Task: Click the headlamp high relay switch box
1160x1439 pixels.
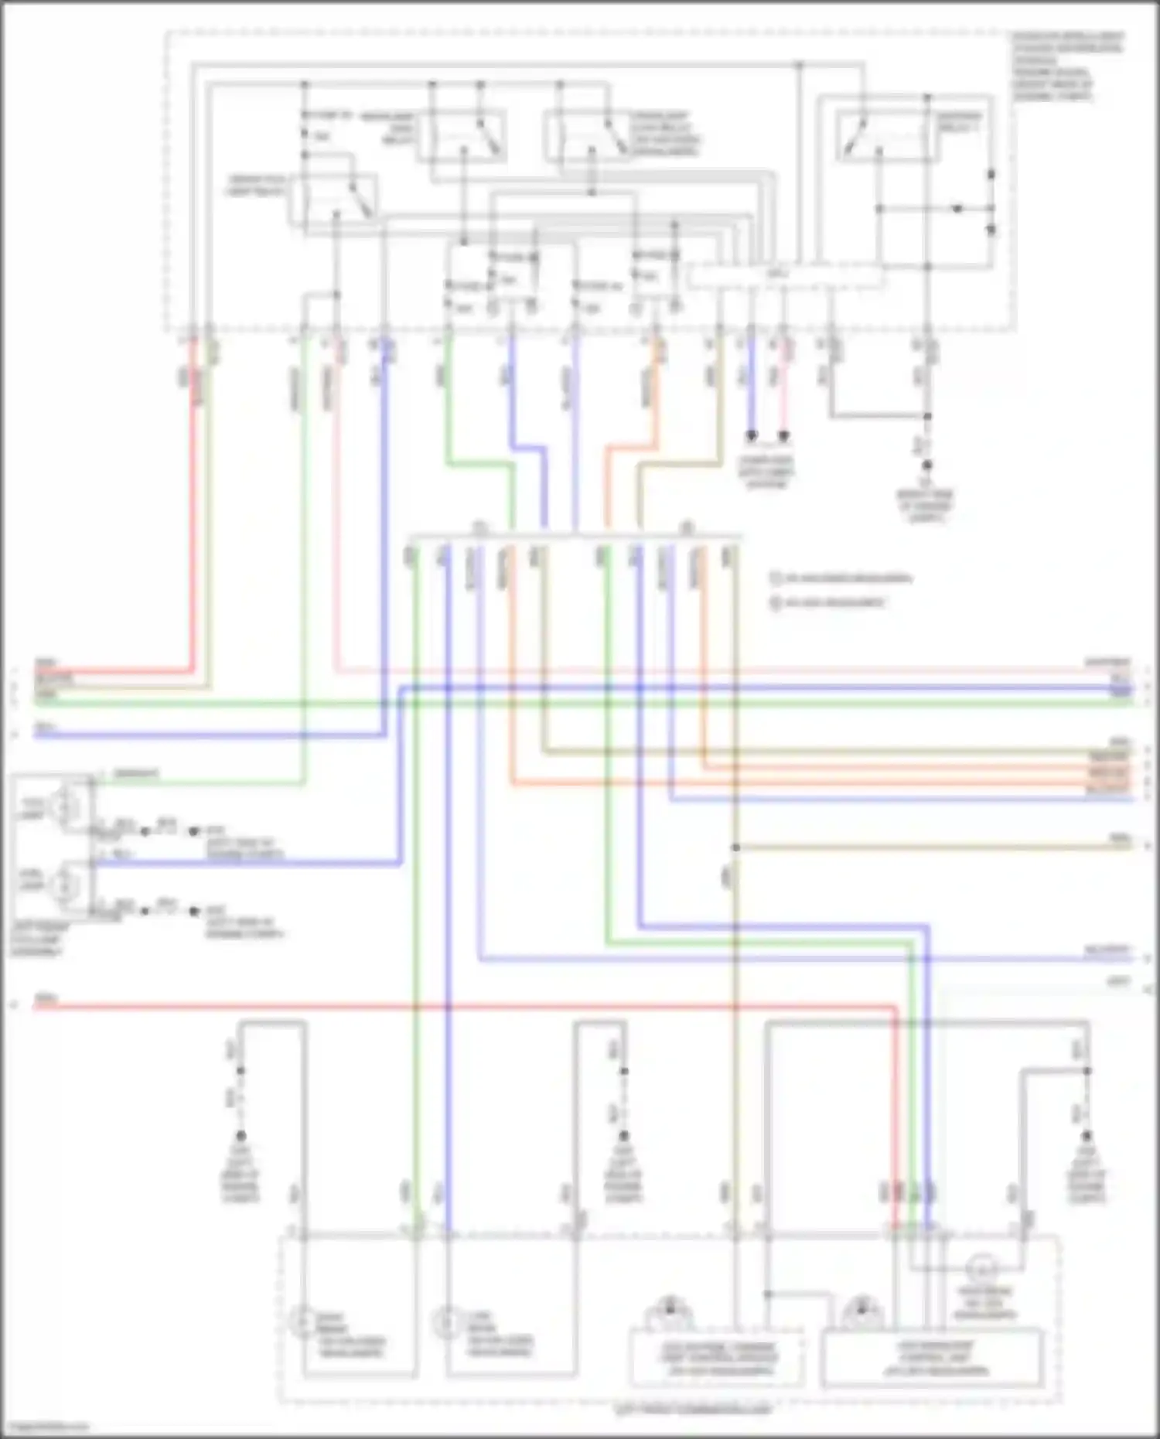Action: point(462,136)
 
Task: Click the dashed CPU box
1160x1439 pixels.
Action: point(785,276)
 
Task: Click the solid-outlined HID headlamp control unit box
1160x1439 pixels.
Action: point(932,1358)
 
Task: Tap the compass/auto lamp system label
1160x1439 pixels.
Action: point(766,472)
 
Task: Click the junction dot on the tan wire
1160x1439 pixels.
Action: point(735,847)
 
